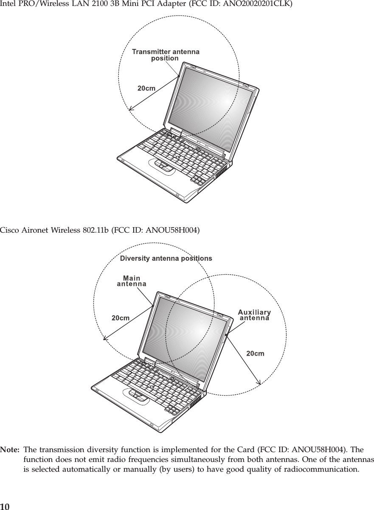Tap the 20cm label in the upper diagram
[146, 88]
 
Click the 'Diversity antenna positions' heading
[166, 258]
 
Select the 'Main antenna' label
[132, 281]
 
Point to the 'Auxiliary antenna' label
[254, 314]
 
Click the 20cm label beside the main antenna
[121, 317]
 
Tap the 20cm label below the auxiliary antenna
[256, 353]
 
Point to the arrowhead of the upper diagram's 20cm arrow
[131, 108]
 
